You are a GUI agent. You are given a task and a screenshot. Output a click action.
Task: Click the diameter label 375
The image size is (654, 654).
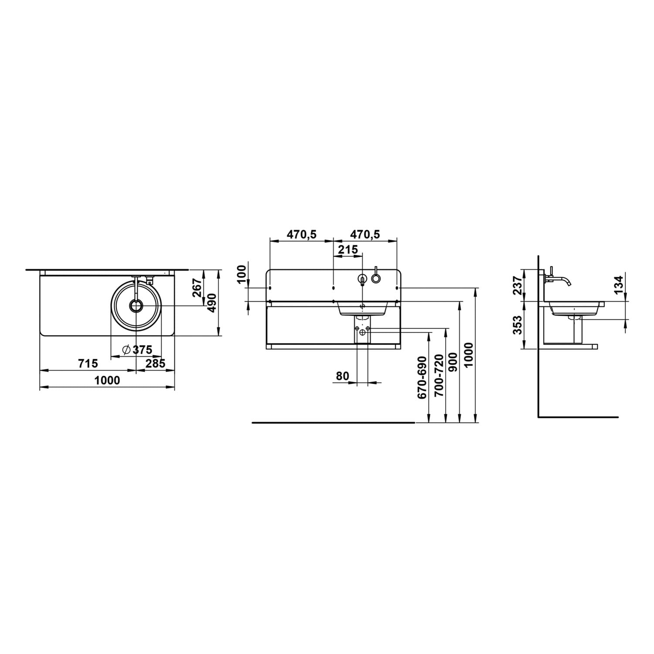point(142,350)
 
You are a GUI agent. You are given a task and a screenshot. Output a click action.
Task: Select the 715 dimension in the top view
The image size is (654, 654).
point(89,363)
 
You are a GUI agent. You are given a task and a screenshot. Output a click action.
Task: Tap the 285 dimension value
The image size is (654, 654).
point(156,363)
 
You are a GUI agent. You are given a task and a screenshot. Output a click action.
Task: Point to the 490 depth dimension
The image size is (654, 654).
point(212,303)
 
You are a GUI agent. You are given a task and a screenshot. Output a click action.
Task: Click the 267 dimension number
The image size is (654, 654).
point(197,288)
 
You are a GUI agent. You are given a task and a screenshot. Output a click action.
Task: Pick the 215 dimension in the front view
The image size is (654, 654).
point(348,250)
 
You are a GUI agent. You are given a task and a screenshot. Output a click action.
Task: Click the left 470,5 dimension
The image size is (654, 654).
point(301,235)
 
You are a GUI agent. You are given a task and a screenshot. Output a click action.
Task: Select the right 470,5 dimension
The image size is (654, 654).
point(365,235)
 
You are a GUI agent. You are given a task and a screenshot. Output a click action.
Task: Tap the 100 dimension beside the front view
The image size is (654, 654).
point(242,273)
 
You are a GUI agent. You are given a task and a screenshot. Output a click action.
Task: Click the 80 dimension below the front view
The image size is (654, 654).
point(343,375)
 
